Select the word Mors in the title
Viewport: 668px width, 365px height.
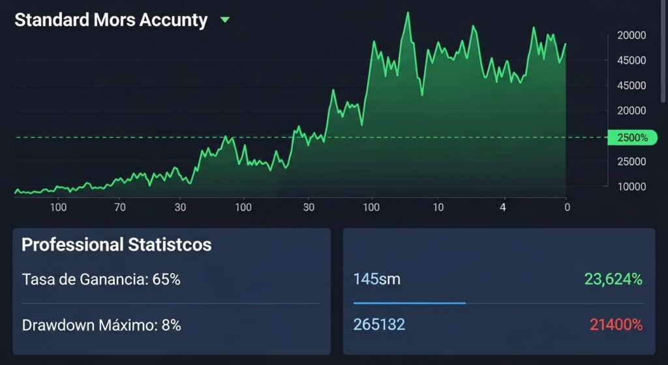(x=117, y=20)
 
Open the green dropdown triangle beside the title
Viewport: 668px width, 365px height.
(x=225, y=20)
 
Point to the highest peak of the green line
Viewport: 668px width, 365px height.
(x=408, y=13)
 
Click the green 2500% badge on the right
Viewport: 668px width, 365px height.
(x=632, y=138)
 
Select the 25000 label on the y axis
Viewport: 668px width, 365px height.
(x=631, y=162)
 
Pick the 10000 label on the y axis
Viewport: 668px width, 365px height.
(x=631, y=187)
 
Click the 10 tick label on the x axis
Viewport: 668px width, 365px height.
(x=438, y=208)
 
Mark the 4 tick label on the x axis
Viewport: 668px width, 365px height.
(x=502, y=208)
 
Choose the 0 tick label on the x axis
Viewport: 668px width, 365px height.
(x=567, y=208)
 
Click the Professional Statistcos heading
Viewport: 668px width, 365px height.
(x=117, y=245)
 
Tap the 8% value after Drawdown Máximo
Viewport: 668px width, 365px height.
(x=172, y=325)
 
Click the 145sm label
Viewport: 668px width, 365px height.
(x=376, y=279)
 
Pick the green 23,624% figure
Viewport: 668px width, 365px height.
(x=613, y=279)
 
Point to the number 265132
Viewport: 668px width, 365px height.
(x=379, y=325)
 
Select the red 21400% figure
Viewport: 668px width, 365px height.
(x=616, y=325)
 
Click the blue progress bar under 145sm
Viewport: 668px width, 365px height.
(x=409, y=303)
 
